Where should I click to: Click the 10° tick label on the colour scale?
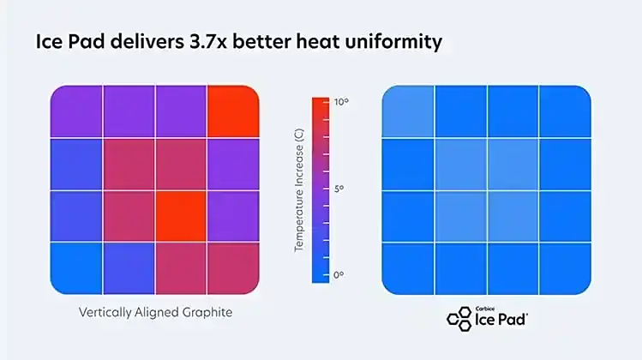click(341, 102)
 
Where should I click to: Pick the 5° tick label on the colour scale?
click(339, 188)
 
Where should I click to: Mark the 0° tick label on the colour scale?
click(339, 274)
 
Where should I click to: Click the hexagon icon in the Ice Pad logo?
click(459, 318)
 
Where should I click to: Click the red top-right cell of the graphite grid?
click(232, 111)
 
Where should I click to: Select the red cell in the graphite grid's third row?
click(180, 215)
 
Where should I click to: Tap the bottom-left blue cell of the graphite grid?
click(76, 267)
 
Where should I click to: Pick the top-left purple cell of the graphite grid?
click(76, 111)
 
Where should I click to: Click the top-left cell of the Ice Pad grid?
click(408, 111)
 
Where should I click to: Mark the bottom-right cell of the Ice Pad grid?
click(564, 267)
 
